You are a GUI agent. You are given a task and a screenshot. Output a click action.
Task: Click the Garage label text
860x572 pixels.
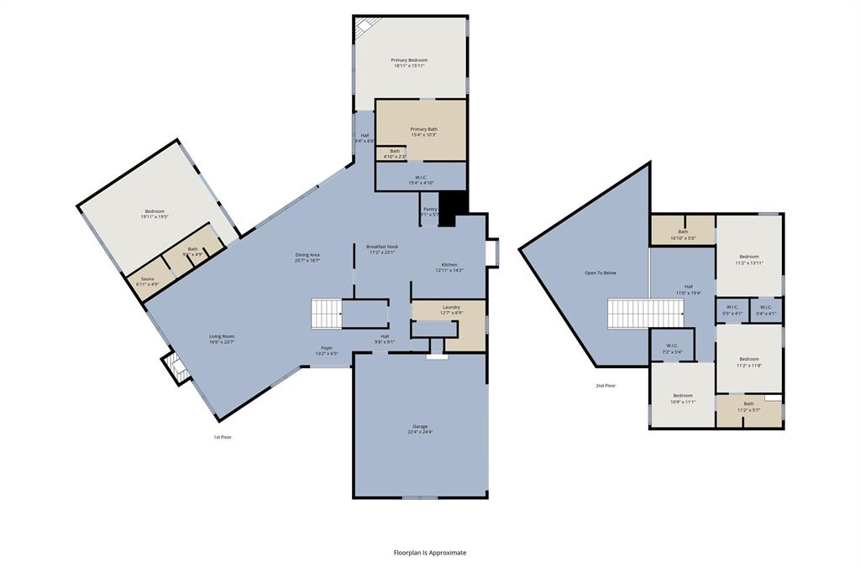coord(421,429)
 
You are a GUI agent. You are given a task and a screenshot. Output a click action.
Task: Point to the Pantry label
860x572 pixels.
coord(430,211)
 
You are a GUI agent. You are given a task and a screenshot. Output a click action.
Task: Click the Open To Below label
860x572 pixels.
coord(600,273)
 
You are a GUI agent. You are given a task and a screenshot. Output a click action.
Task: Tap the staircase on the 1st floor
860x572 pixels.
coord(327,314)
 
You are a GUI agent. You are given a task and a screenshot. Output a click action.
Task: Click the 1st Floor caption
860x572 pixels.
coord(222,437)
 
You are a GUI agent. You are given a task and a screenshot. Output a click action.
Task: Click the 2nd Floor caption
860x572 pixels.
coord(605,386)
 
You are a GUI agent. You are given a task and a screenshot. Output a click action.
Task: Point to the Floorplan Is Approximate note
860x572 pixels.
coord(429,553)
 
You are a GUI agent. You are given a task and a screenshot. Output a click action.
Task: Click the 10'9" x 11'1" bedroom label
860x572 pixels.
coord(682,398)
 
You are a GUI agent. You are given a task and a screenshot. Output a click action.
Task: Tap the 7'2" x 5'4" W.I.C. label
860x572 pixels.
coord(672,348)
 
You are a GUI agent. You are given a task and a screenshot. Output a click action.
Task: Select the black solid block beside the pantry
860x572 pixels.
coord(453,208)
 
